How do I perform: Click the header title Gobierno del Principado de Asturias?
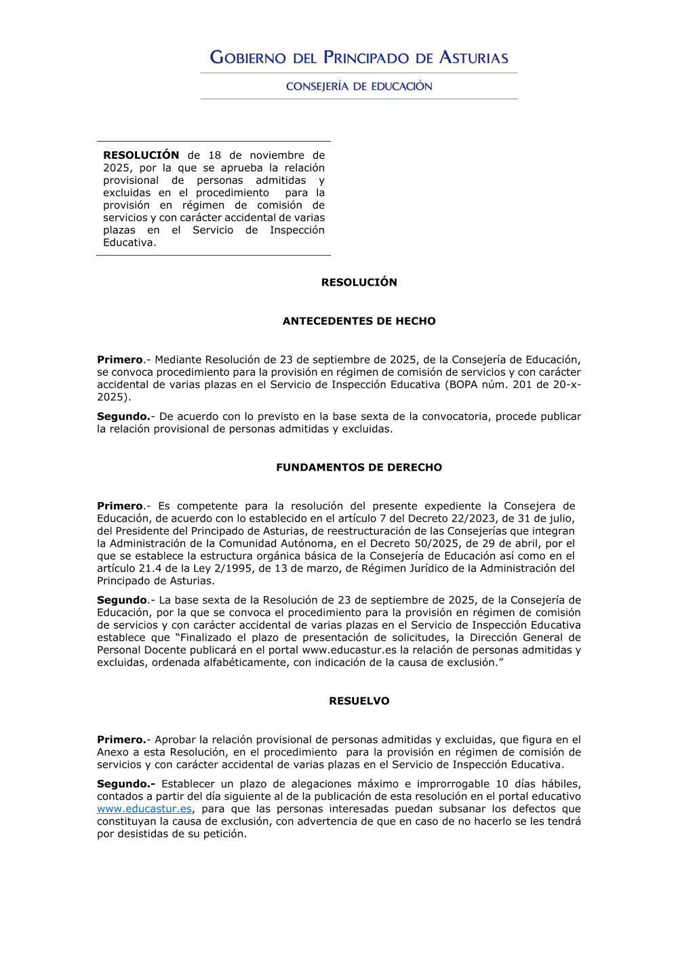coord(359,58)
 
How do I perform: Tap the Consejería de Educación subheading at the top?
coord(359,86)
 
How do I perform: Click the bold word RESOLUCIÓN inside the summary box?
coord(141,155)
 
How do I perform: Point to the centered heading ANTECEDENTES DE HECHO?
coord(359,321)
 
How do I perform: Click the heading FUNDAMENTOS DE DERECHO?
coord(359,467)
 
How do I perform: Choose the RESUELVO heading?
coord(359,701)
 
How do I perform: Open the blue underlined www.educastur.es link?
coord(144,808)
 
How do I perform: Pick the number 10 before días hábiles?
coord(502,783)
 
